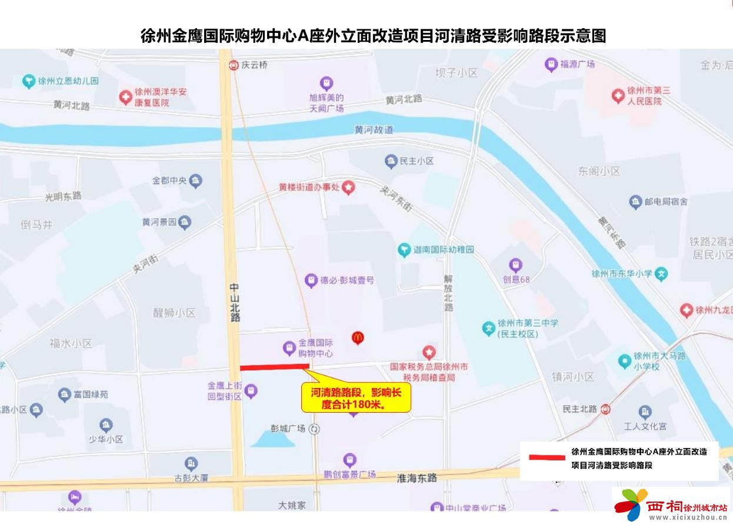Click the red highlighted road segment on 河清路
274,367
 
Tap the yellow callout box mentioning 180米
355,398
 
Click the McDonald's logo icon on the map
358,337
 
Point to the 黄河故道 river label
374,129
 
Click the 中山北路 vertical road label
235,302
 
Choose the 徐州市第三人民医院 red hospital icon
617,95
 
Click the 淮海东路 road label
417,477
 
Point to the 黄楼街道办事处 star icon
349,188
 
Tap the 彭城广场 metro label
288,429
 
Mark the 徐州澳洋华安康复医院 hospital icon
125,97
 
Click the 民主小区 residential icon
391,160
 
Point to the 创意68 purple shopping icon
516,265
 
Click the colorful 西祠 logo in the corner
631,504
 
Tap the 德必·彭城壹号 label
346,280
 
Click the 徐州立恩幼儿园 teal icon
28,81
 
